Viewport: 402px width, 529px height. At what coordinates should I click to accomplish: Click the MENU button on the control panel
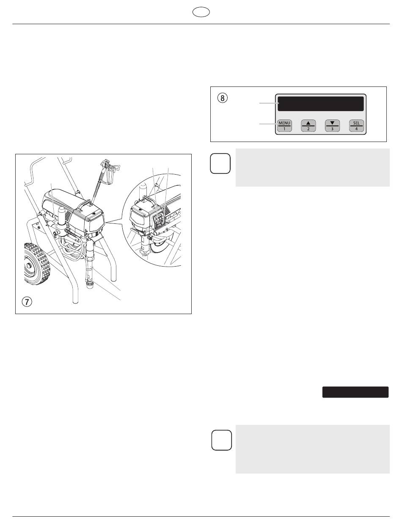click(x=284, y=125)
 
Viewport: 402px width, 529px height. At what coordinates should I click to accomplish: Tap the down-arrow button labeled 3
click(x=332, y=125)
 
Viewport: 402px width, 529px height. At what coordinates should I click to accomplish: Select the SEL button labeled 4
click(x=356, y=125)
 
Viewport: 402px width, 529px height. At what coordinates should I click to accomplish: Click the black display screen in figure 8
click(x=320, y=104)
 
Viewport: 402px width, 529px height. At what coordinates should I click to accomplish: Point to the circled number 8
click(x=223, y=98)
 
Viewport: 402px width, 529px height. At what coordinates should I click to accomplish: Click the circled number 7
click(x=27, y=302)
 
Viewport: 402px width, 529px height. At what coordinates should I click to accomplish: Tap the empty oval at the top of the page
click(x=201, y=12)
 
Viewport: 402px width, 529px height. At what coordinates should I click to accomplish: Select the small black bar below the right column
click(x=355, y=392)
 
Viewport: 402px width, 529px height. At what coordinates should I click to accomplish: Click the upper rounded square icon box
click(x=220, y=163)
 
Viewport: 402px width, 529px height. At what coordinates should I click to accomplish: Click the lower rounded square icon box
click(x=222, y=440)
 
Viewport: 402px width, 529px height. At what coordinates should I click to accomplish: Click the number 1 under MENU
click(x=284, y=129)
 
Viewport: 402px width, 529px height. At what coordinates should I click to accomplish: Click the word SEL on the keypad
click(x=356, y=123)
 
